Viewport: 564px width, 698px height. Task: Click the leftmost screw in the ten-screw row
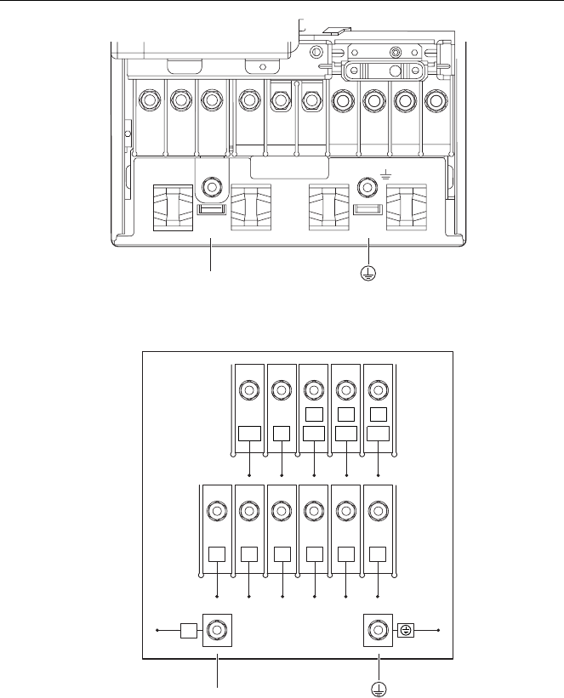(150, 100)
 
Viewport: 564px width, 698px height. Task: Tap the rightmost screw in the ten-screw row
(436, 100)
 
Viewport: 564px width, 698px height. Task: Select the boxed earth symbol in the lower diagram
(406, 632)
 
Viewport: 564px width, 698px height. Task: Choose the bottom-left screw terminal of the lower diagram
(217, 632)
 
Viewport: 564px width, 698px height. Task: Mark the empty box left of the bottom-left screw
(190, 632)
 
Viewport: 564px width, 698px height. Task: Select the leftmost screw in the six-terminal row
(216, 511)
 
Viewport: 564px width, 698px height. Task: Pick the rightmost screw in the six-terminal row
(378, 511)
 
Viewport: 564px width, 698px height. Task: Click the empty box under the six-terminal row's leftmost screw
(217, 554)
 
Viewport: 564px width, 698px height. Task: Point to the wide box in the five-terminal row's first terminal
(248, 434)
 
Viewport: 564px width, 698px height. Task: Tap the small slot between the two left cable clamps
(211, 209)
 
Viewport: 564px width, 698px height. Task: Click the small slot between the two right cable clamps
(366, 209)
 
